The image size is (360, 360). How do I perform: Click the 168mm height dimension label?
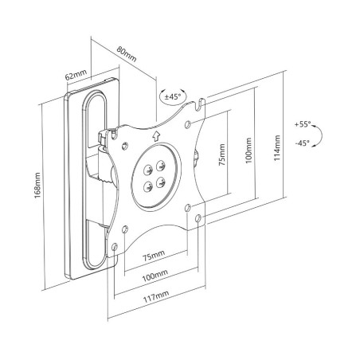click(x=37, y=186)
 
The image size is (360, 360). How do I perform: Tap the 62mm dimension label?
click(x=76, y=75)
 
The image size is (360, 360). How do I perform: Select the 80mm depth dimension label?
click(x=127, y=54)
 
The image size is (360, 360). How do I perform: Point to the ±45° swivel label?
click(x=173, y=96)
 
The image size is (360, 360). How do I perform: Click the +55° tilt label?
click(x=303, y=124)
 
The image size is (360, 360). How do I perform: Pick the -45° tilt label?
click(x=303, y=143)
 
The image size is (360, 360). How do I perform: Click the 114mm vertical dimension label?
click(x=277, y=148)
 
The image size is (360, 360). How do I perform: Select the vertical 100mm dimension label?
click(x=248, y=151)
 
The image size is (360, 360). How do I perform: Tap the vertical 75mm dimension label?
click(x=222, y=155)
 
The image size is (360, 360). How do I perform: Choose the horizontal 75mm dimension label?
click(x=154, y=255)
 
